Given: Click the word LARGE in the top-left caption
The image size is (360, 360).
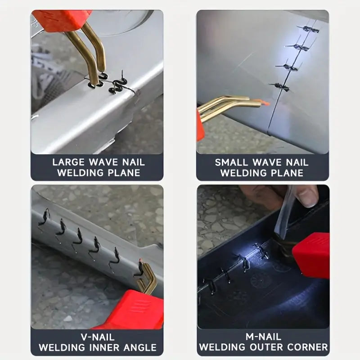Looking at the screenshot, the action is pyautogui.click(x=68, y=162).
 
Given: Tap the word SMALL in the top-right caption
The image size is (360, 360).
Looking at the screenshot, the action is pyautogui.click(x=231, y=162).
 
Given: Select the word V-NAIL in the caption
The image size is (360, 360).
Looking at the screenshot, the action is pyautogui.click(x=98, y=337).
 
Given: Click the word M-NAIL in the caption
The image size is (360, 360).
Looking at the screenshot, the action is pyautogui.click(x=263, y=337).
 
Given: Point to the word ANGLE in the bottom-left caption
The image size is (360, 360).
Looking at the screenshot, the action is pyautogui.click(x=140, y=347).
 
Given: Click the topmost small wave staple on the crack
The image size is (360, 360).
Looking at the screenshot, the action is pyautogui.click(x=308, y=29).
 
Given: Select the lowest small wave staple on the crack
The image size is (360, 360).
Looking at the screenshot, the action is pyautogui.click(x=279, y=87).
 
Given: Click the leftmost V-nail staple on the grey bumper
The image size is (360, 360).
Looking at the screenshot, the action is pyautogui.click(x=44, y=217).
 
